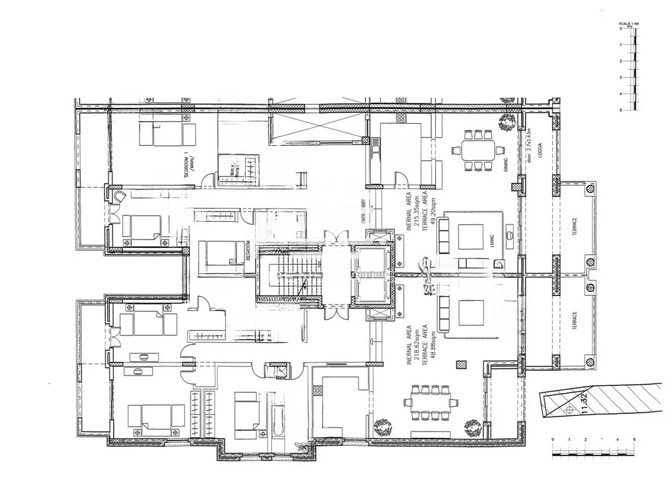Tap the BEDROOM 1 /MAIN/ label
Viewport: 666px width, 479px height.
(x=189, y=166)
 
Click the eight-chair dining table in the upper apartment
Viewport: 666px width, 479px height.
(x=478, y=150)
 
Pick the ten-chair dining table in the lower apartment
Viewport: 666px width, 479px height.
(x=430, y=404)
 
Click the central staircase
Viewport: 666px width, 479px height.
(x=290, y=275)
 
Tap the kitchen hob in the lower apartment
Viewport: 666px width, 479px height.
(x=318, y=391)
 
